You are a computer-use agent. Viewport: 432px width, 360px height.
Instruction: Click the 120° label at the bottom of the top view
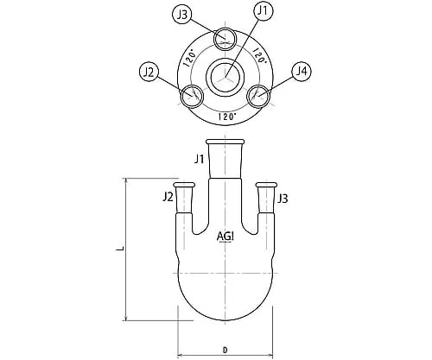(227, 117)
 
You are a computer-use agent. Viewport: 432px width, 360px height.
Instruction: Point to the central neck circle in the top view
(206, 77)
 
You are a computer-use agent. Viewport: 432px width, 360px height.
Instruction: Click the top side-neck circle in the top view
(214, 40)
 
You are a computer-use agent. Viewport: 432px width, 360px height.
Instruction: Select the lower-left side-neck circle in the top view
(182, 96)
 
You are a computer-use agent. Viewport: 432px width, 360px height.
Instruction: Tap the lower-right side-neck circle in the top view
(247, 96)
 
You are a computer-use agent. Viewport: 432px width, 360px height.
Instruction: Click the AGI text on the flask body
(225, 237)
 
